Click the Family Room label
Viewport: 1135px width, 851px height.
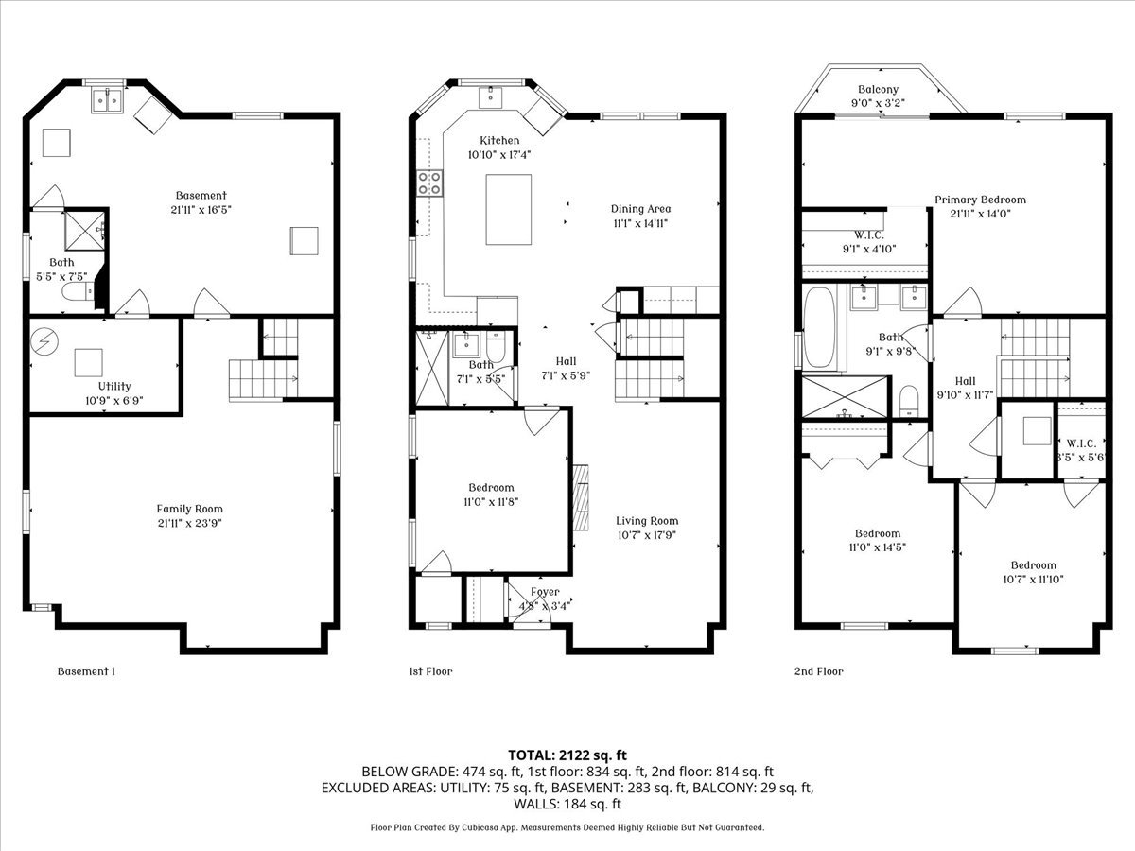[x=190, y=509]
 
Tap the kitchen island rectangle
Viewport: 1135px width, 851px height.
[x=508, y=209]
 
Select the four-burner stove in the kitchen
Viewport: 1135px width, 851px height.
[x=429, y=183]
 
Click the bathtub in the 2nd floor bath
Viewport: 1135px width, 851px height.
[x=820, y=327]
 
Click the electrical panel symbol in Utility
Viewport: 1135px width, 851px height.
[x=44, y=341]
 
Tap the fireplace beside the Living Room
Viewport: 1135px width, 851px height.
[x=581, y=497]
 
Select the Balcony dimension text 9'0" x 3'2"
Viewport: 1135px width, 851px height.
[x=878, y=103]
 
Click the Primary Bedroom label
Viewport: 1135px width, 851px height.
[x=981, y=200]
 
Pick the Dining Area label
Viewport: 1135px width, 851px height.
[x=640, y=209]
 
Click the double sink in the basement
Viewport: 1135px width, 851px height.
[x=108, y=99]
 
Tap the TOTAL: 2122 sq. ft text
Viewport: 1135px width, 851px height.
[x=567, y=755]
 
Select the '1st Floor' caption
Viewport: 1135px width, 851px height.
[x=430, y=671]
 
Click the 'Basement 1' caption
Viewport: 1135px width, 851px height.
[x=86, y=671]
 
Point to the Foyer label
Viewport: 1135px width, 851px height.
[x=545, y=592]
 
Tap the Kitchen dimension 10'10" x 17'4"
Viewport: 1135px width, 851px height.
[x=499, y=154]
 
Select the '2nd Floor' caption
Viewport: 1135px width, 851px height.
[x=818, y=671]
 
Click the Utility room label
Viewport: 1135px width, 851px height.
[x=114, y=387]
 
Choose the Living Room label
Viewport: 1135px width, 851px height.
[x=647, y=521]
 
